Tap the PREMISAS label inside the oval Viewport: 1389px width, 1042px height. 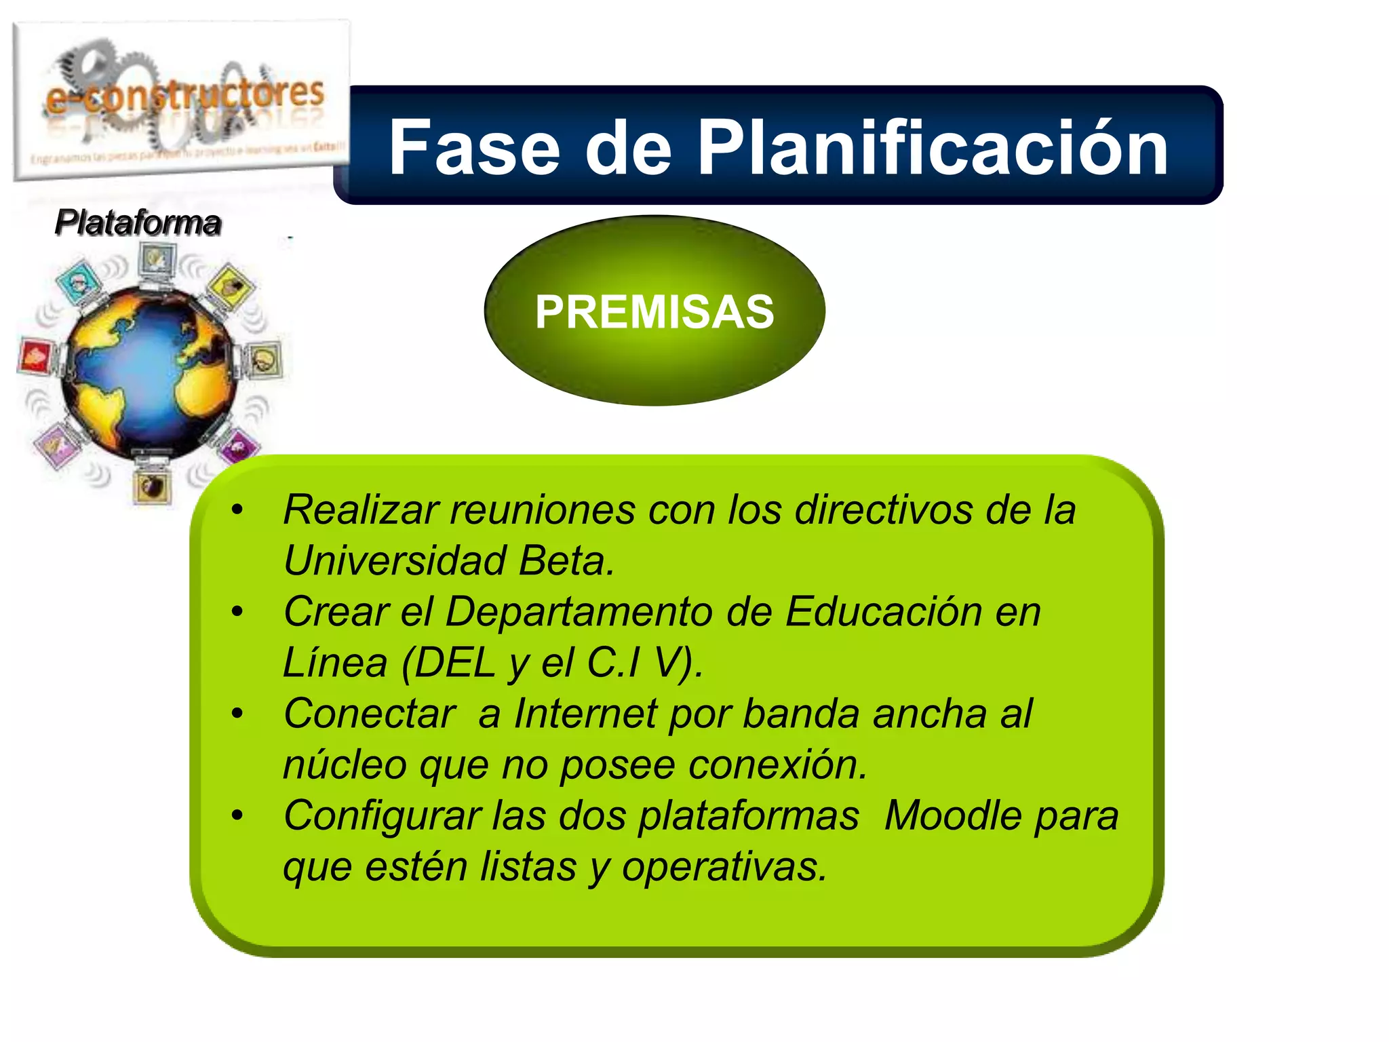[x=654, y=312]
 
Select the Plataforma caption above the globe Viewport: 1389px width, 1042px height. [x=138, y=223]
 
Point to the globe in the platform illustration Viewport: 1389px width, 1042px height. [x=149, y=370]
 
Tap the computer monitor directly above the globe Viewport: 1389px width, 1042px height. [x=157, y=260]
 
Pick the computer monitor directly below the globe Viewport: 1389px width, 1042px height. [x=152, y=484]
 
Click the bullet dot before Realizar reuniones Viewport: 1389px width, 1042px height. [x=237, y=510]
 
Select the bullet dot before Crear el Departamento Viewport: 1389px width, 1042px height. [x=237, y=612]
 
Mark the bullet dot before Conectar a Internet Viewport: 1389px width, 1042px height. [x=237, y=714]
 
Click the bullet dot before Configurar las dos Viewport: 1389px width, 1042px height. [x=237, y=815]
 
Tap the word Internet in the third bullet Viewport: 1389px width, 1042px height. [x=585, y=714]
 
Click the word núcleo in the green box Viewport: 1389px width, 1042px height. [x=345, y=765]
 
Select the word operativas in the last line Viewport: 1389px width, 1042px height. [x=724, y=867]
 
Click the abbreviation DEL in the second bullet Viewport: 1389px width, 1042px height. [x=454, y=663]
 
